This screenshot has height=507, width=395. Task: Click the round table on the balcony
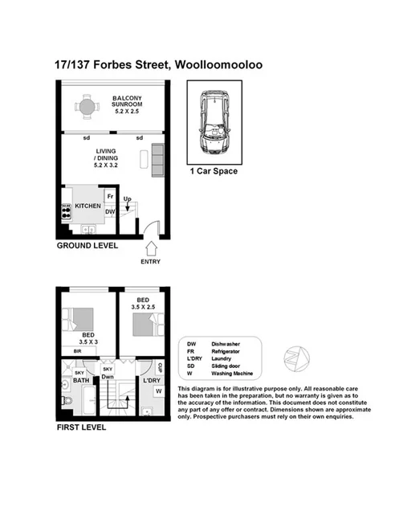coord(87,104)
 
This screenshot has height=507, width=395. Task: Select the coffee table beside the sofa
coord(144,158)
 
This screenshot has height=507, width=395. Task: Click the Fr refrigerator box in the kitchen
coord(109,195)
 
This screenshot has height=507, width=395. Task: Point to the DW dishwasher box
coord(110,212)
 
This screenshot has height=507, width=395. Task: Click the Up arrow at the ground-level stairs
coord(128,202)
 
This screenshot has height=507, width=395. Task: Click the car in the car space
coord(214,123)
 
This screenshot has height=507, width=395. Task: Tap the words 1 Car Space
coord(214,171)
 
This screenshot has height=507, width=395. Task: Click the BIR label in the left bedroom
coord(78,352)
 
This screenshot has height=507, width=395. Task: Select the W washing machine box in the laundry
coord(159,390)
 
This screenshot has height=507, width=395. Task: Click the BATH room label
coord(81,381)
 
